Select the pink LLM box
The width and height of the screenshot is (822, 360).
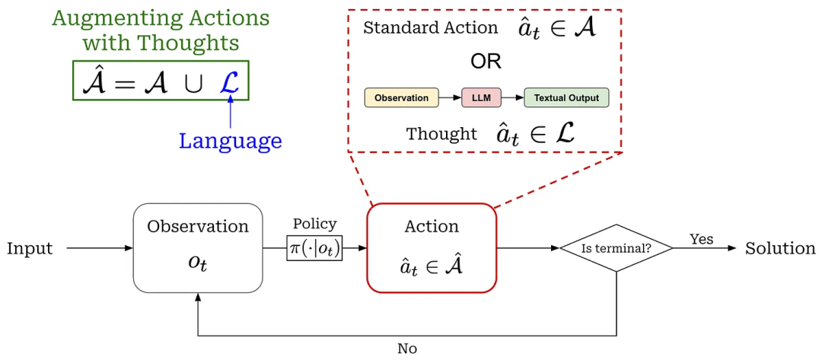(x=481, y=98)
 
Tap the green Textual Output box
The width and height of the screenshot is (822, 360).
(x=566, y=98)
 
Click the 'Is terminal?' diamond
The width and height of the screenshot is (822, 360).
(x=616, y=248)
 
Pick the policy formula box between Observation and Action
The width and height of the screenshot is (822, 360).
(x=314, y=248)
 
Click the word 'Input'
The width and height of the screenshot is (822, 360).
(x=30, y=249)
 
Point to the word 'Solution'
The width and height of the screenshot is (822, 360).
(x=780, y=249)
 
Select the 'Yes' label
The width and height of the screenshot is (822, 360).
(x=701, y=239)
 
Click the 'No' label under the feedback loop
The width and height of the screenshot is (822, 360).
(x=407, y=349)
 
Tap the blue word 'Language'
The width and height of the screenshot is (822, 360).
(x=230, y=141)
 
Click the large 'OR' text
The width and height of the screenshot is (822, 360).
(x=486, y=62)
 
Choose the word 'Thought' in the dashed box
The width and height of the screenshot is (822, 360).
(x=441, y=135)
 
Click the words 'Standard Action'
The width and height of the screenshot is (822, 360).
(x=431, y=29)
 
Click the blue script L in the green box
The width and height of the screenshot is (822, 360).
(x=229, y=81)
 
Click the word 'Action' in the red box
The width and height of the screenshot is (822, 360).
(x=432, y=227)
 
